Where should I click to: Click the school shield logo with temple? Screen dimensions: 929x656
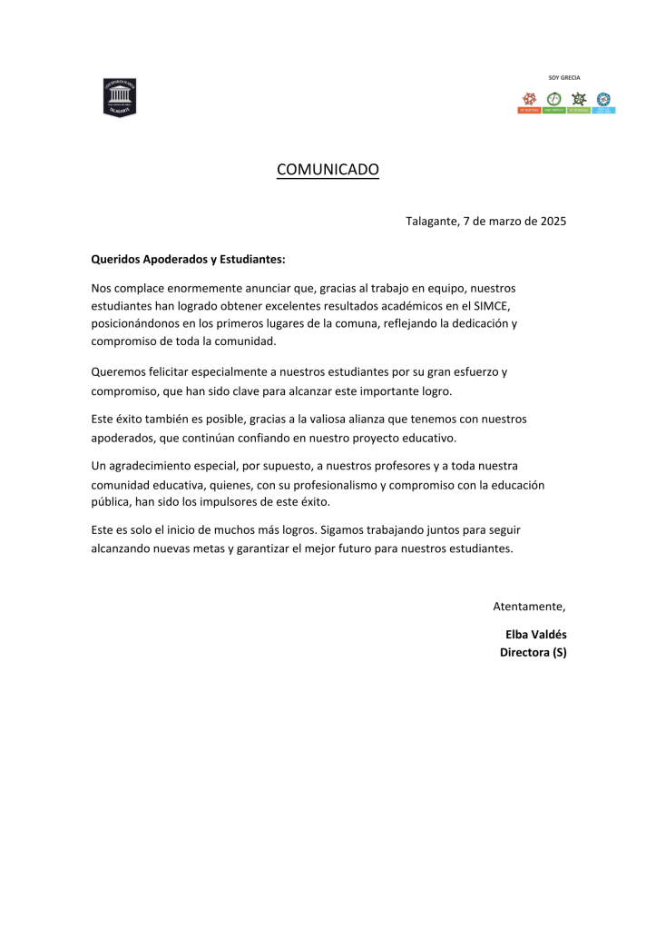(x=120, y=96)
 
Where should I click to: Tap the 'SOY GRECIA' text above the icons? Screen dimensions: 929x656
(x=564, y=78)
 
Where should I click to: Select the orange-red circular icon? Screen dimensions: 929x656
(x=528, y=98)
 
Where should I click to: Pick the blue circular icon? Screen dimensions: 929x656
(x=603, y=98)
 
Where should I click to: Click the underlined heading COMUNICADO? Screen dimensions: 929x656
(x=328, y=169)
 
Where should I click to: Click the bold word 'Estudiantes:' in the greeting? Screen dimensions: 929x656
(x=250, y=259)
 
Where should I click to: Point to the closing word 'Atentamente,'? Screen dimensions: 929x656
(x=529, y=606)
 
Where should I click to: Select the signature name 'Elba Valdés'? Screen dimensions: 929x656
(x=535, y=634)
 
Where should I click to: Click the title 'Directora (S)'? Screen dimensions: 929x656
(x=533, y=652)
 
